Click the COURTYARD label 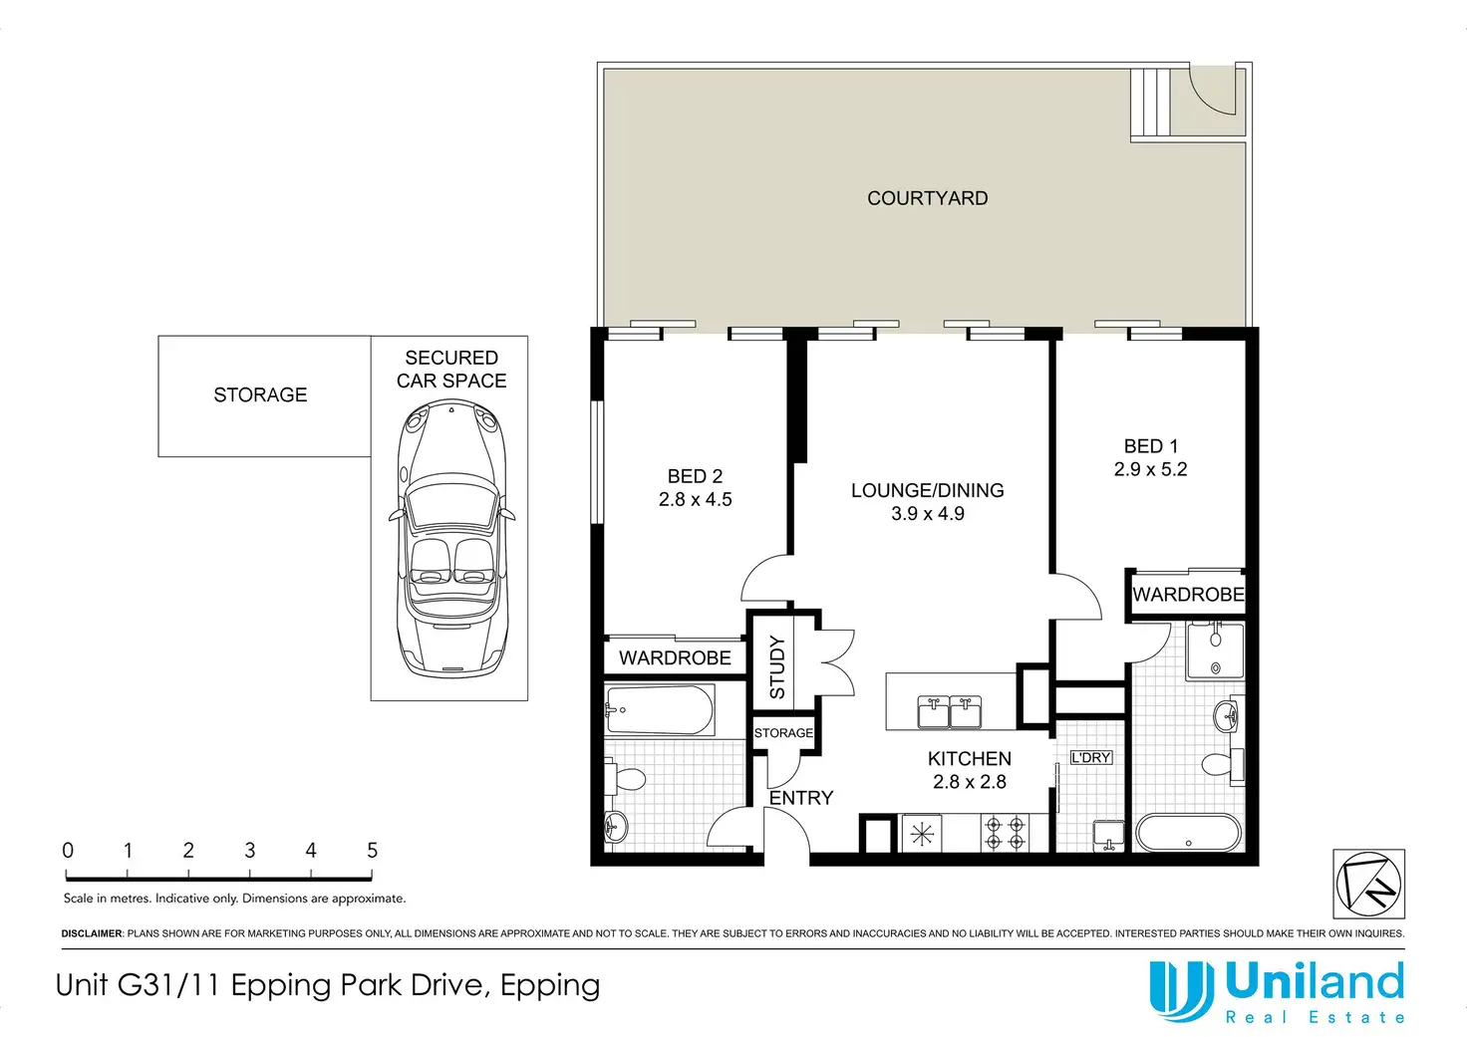click(928, 198)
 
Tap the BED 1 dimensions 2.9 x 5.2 click(1151, 469)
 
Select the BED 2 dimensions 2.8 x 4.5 click(695, 499)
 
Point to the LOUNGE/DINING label click(928, 490)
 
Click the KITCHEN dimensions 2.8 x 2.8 click(970, 782)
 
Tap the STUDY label click(776, 667)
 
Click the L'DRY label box click(1090, 757)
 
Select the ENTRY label click(801, 798)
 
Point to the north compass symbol click(1368, 884)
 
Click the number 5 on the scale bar click(372, 851)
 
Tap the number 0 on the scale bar click(68, 851)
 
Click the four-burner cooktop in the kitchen click(1005, 833)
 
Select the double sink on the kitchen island click(950, 712)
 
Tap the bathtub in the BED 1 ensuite click(1188, 833)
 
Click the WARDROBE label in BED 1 click(1188, 595)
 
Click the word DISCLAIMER click(92, 933)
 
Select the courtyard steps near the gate click(1151, 102)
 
